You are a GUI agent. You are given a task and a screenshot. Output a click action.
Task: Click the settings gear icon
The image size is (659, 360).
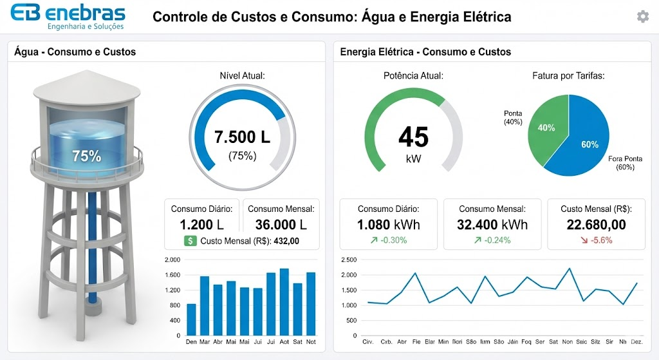[642, 17]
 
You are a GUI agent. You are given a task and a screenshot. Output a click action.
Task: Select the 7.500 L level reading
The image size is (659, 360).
[242, 137]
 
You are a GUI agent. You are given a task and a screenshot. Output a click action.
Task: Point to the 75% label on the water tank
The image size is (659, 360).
[86, 156]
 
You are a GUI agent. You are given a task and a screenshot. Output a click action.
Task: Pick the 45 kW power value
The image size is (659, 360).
[413, 138]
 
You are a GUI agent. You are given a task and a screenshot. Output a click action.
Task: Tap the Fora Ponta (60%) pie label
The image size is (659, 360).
[624, 162]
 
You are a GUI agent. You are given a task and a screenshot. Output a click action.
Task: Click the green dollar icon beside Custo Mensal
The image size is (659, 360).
[190, 241]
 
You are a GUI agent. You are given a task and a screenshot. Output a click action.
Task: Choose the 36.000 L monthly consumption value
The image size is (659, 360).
[281, 225]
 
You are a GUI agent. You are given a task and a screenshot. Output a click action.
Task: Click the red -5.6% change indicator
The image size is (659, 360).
[595, 240]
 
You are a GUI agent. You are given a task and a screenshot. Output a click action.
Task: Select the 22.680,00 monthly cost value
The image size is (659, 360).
[596, 225]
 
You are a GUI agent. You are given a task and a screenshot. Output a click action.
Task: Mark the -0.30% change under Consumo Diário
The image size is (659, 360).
[388, 240]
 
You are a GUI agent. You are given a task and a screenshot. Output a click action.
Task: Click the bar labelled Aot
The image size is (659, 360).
[284, 302]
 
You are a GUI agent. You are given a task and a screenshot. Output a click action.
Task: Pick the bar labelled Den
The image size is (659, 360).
[191, 319]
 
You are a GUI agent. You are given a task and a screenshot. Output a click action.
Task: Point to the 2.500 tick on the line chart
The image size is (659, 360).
[348, 260]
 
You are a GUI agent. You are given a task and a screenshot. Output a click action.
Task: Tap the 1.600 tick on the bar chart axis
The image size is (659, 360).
[172, 275]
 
